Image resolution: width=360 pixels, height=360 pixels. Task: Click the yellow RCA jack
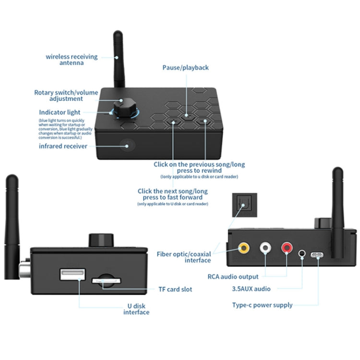pyautogui.click(x=244, y=248)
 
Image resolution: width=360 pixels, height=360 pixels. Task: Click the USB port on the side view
pyautogui.click(x=73, y=276)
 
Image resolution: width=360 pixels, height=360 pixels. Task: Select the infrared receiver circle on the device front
pyautogui.click(x=127, y=144)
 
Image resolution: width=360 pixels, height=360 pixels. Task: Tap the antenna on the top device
pyautogui.click(x=119, y=60)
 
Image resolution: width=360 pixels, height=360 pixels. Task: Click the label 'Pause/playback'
pyautogui.click(x=185, y=68)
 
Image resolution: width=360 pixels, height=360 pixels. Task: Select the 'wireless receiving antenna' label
pyautogui.click(x=72, y=60)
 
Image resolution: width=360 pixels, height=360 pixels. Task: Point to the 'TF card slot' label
pyautogui.click(x=175, y=289)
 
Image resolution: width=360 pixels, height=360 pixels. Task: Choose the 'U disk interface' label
pyautogui.click(x=136, y=309)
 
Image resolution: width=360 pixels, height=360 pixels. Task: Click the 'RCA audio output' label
pyautogui.click(x=233, y=276)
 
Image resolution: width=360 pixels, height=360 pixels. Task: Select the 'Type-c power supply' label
pyautogui.click(x=262, y=305)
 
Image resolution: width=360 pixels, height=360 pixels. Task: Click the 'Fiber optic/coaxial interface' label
pyautogui.click(x=184, y=257)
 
